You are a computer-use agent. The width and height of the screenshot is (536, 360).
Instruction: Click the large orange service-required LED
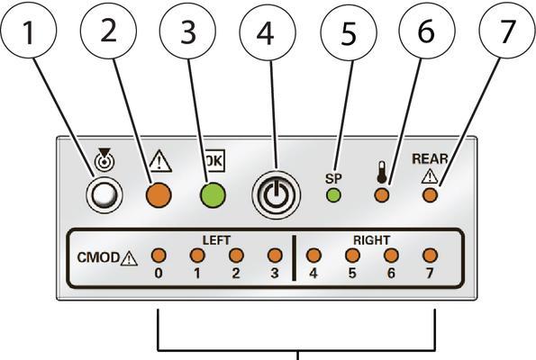[x=159, y=195]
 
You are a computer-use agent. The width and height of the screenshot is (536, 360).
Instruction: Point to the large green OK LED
[x=213, y=195]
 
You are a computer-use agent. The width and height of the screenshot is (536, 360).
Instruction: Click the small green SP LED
[x=333, y=195]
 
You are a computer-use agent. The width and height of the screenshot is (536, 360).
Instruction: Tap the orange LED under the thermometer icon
[x=382, y=195]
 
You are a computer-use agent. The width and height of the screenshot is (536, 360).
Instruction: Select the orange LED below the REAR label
[x=430, y=195]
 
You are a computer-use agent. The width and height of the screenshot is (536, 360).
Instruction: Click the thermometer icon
[x=381, y=172]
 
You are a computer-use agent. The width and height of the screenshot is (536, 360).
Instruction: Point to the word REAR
[x=430, y=158]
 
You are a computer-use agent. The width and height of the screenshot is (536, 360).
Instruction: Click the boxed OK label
[x=214, y=160]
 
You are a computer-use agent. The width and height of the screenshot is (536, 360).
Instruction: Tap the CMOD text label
[x=98, y=257]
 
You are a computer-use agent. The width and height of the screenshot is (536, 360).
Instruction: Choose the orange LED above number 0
[x=159, y=255]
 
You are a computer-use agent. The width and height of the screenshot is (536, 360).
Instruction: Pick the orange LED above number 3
[x=275, y=255]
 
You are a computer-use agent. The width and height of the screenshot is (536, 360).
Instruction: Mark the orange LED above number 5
[x=352, y=255]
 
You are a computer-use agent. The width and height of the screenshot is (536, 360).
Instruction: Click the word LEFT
[x=216, y=240]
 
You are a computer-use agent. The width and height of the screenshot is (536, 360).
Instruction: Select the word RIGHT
[x=371, y=240]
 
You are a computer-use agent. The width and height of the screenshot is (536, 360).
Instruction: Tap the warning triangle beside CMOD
[x=129, y=258]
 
